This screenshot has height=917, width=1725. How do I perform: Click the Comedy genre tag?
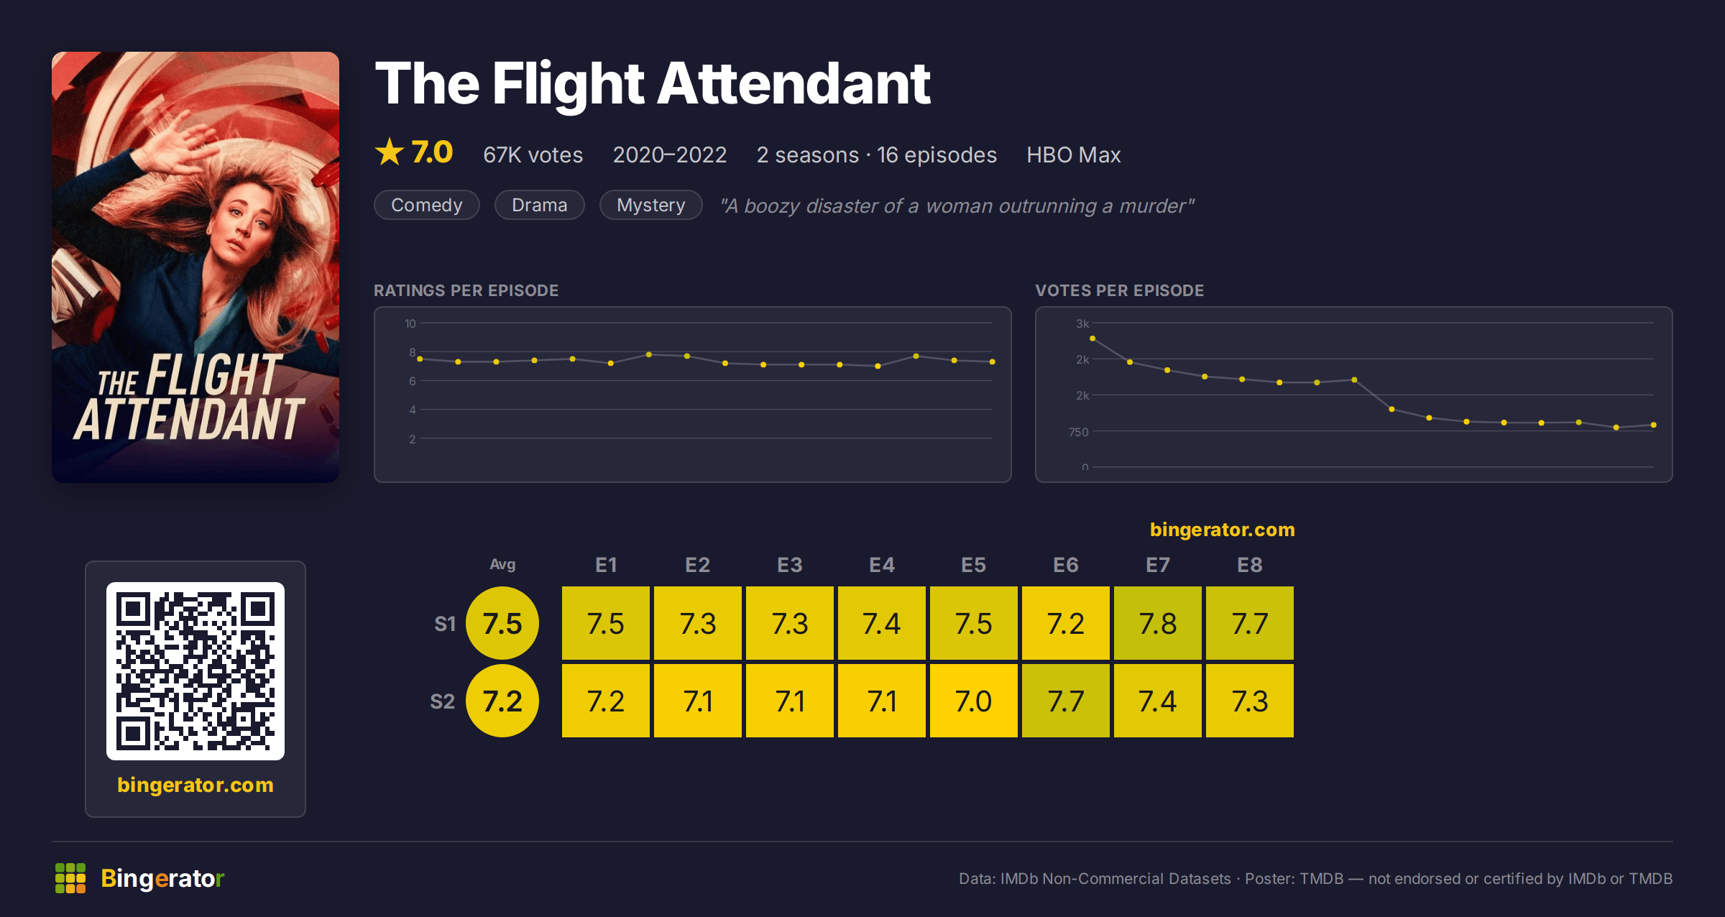click(427, 205)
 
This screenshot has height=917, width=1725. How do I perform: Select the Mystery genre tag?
click(651, 205)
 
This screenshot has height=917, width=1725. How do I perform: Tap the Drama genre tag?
click(540, 205)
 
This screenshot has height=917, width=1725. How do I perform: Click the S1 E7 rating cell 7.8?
click(1158, 623)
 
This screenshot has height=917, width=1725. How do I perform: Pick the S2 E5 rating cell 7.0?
click(974, 701)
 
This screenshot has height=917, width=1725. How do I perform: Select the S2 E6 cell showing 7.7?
click(1066, 701)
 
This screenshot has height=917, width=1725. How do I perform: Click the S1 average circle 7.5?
click(502, 623)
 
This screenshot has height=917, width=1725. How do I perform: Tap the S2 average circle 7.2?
click(502, 701)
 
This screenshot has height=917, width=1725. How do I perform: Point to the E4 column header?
click(882, 565)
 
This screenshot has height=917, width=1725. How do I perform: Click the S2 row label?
click(443, 701)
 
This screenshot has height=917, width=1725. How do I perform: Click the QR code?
click(195, 671)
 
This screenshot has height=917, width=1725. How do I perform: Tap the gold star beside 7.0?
click(390, 152)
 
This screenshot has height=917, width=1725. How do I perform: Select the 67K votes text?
click(533, 155)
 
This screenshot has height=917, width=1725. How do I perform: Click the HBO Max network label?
click(1074, 155)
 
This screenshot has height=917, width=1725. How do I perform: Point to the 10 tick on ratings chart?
click(410, 323)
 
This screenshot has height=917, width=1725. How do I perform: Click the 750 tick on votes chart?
click(1079, 432)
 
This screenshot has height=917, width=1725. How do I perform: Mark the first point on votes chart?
click(1092, 338)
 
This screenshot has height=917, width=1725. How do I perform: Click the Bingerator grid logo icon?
click(70, 878)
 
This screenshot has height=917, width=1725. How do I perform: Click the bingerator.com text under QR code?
click(195, 785)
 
